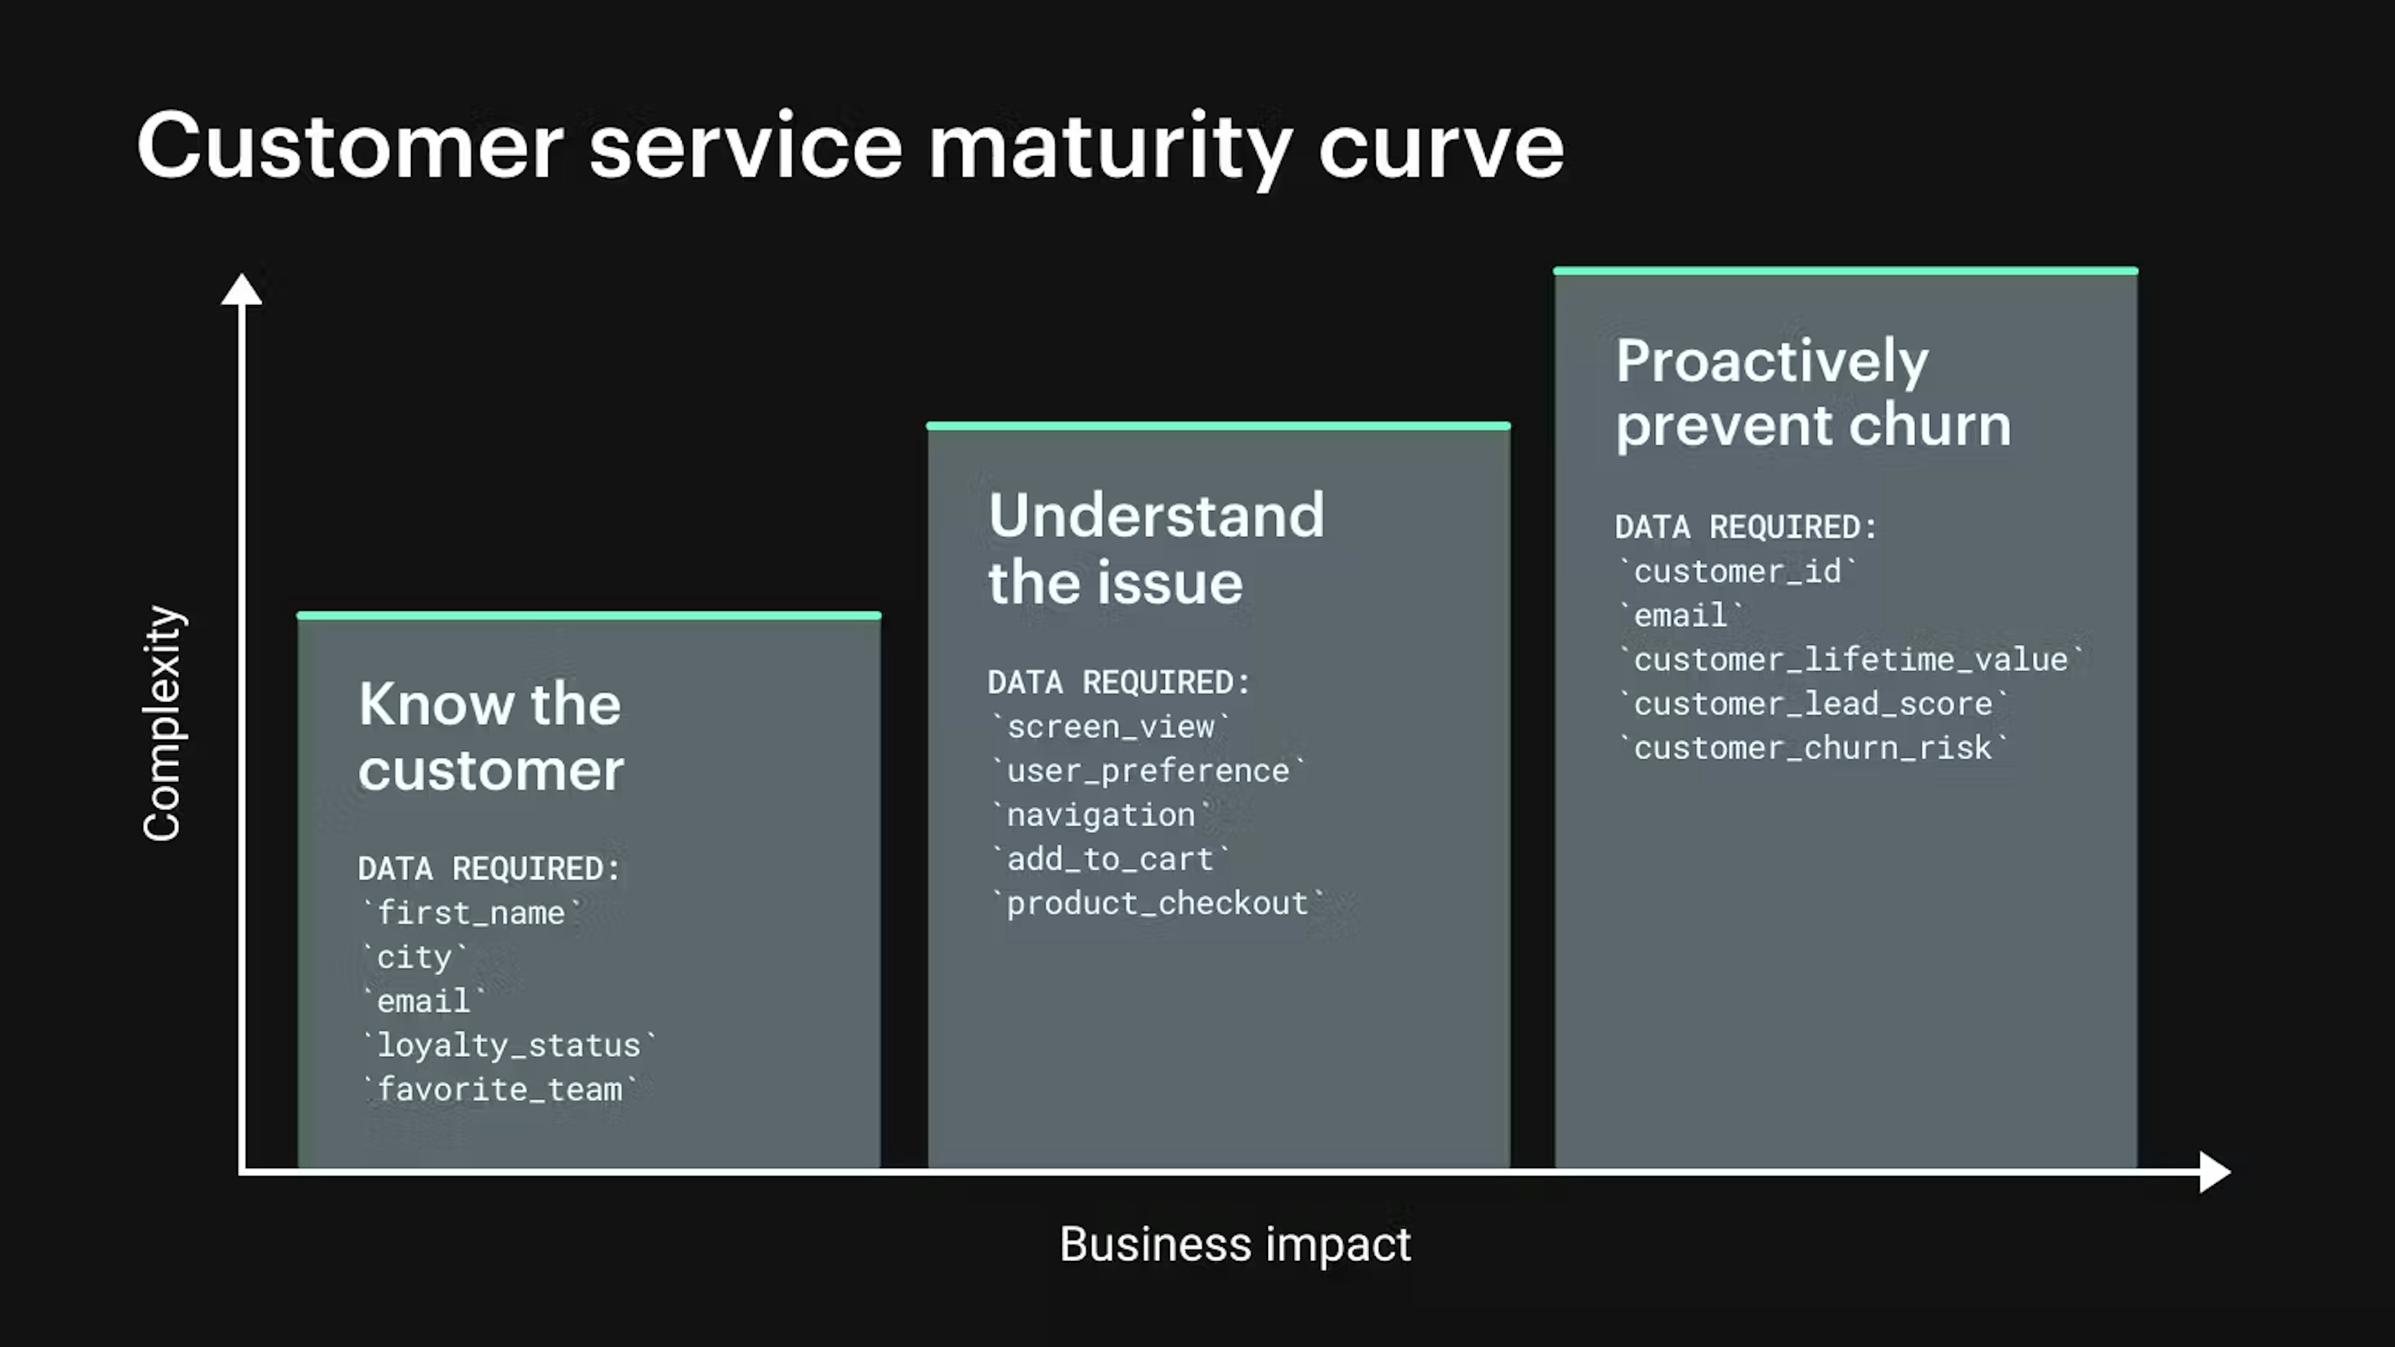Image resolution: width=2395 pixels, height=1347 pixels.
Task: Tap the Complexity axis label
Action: [x=163, y=723]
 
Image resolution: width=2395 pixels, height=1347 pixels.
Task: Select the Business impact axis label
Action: [x=1235, y=1244]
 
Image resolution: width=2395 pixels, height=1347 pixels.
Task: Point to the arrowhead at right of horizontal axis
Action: [x=2215, y=1171]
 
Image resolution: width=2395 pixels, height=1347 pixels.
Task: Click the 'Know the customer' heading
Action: [x=490, y=736]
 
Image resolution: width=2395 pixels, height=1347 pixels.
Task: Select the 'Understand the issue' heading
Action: [x=1156, y=549]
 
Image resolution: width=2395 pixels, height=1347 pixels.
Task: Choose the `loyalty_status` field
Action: [x=508, y=1045]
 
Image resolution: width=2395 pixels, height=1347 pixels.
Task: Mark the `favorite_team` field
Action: [x=499, y=1089]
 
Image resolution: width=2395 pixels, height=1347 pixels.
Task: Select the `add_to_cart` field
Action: [x=1110, y=859]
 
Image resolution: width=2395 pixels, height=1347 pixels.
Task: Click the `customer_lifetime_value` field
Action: [x=1850, y=660]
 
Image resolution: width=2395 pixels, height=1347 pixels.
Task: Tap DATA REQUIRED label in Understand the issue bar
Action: [x=1118, y=682]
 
